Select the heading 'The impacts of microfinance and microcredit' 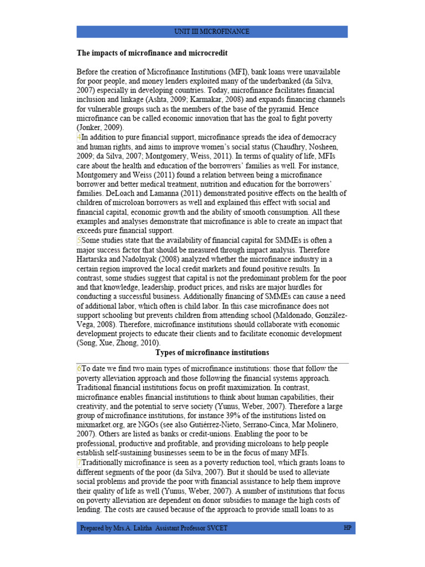[152, 53]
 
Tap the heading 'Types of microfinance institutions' [212, 353]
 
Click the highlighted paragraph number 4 [79, 137]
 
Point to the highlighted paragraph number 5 [79, 240]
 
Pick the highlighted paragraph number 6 [79, 369]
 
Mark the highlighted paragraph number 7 [79, 463]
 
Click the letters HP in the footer [347, 528]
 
